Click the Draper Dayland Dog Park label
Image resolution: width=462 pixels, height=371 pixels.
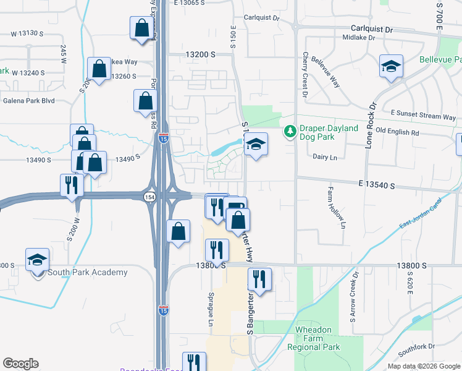tap(329, 132)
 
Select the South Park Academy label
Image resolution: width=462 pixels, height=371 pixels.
tap(88, 272)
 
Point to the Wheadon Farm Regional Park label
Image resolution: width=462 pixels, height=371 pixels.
tap(314, 339)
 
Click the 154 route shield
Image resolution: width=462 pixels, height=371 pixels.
tap(150, 197)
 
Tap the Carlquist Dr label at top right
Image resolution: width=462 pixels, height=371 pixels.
tap(372, 29)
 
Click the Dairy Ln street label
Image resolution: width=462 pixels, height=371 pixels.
tap(325, 158)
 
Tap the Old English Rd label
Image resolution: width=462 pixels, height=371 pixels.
tap(397, 132)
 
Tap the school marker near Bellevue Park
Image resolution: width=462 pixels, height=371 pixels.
tap(391, 67)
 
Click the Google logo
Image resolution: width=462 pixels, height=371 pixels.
tap(20, 364)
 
